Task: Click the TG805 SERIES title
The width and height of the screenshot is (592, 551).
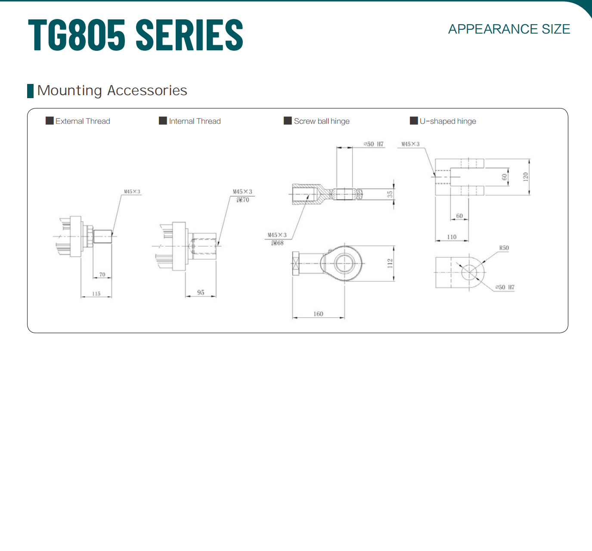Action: pos(136,34)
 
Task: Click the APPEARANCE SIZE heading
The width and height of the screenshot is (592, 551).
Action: pos(509,29)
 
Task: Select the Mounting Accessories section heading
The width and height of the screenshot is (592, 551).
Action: pos(112,91)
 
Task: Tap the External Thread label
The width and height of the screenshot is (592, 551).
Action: pos(83,121)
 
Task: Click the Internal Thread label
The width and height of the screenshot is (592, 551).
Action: pos(195,121)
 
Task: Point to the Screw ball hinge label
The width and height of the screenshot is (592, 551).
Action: pos(322,121)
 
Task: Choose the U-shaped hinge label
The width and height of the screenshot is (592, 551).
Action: pos(448,121)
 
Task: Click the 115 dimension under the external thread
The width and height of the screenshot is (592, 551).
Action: pos(96,294)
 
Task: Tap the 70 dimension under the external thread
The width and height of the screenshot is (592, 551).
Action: pos(102,274)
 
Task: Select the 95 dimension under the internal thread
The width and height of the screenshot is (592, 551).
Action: pos(201,292)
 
